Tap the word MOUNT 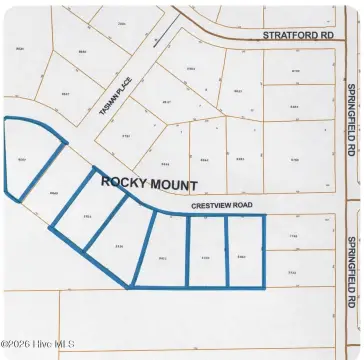[171, 184]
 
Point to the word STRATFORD [288, 34]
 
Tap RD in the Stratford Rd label [327, 34]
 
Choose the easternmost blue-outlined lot [245, 252]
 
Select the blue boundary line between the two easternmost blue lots [227, 252]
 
